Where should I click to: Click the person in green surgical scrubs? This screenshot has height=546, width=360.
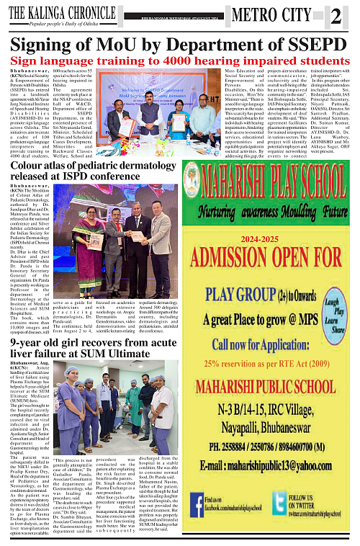click(x=135, y=408)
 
